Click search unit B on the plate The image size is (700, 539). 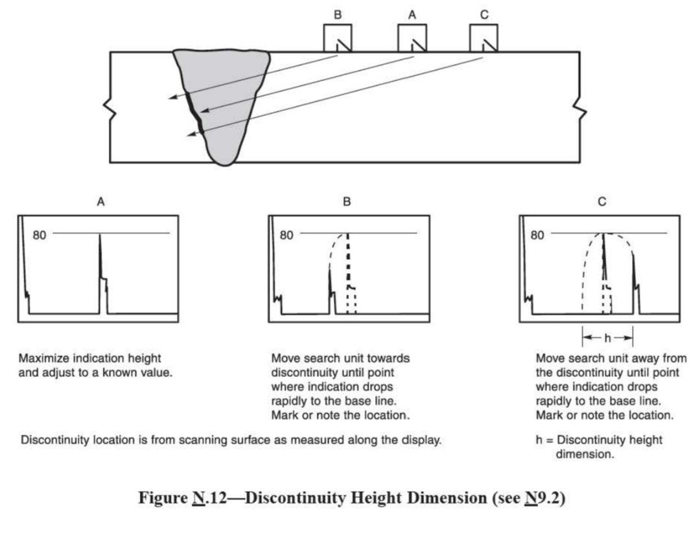click(338, 38)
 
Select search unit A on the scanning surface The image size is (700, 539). click(412, 38)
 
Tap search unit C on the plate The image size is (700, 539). click(484, 38)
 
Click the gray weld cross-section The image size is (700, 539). click(224, 97)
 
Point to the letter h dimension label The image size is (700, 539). click(607, 338)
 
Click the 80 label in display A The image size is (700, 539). click(40, 235)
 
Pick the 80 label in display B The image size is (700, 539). click(286, 235)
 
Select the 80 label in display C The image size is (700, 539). click(537, 235)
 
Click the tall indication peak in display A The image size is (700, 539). click(100, 259)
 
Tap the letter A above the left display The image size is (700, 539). click(100, 202)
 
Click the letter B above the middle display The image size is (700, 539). click(347, 202)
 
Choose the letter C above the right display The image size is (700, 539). click(602, 202)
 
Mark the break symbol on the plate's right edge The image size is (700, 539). click(579, 112)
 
